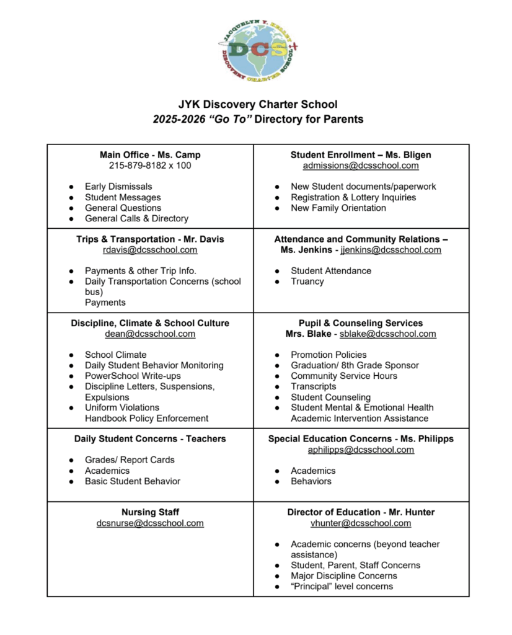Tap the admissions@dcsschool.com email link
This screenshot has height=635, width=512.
click(361, 166)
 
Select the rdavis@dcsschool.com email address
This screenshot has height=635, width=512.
click(150, 250)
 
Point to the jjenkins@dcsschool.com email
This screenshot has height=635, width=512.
click(391, 250)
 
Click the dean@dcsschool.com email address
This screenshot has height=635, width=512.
click(150, 334)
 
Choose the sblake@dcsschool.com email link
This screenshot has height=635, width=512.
click(387, 334)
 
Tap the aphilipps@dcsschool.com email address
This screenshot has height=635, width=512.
click(361, 450)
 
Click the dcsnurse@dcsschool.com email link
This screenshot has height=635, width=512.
click(150, 523)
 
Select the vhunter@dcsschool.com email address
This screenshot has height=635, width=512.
click(361, 523)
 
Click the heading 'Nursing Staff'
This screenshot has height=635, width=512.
click(150, 512)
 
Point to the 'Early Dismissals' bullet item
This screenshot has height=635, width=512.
click(118, 187)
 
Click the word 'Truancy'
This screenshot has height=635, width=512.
click(307, 282)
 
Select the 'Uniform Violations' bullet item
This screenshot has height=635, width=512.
click(122, 407)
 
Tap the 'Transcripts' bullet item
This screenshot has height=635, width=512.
click(314, 386)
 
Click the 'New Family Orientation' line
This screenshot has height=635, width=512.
click(338, 208)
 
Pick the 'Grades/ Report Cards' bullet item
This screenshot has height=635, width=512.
click(130, 460)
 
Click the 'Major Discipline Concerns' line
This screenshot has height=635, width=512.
click(344, 575)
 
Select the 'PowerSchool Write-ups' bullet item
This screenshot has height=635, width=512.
click(133, 376)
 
